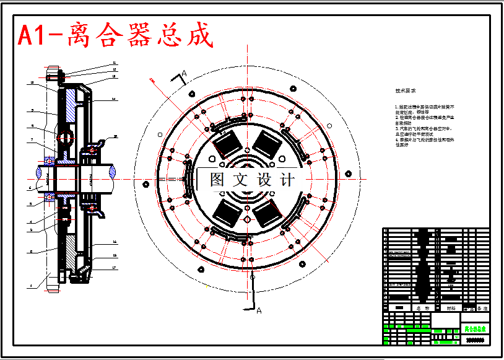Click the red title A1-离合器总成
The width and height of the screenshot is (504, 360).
[x=116, y=36]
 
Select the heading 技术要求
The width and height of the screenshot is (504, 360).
[x=406, y=90]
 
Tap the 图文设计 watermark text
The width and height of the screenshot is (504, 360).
[x=252, y=180]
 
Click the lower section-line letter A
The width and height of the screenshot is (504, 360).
[x=259, y=310]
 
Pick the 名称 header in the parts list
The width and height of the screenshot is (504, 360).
[x=423, y=307]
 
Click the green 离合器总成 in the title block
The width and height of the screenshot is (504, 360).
[x=475, y=328]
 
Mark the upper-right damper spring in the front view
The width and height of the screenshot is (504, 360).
[x=268, y=144]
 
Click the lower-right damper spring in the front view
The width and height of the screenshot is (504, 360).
[x=268, y=214]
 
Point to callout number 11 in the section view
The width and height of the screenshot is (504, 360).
[x=115, y=63]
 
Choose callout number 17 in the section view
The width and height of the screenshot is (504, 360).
[x=114, y=268]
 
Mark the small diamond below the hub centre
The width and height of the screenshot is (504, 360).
[x=246, y=219]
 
